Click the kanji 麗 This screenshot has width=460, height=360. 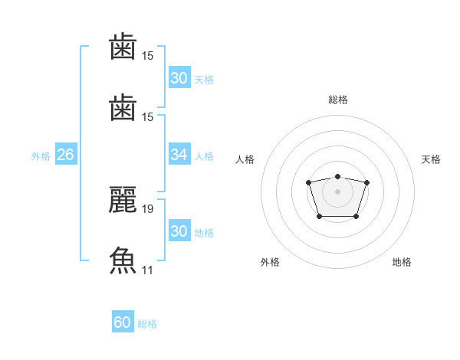coord(123,200)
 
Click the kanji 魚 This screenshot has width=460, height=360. coord(123,260)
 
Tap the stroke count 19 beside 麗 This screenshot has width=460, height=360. coord(147,209)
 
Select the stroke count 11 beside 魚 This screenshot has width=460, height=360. coord(147,270)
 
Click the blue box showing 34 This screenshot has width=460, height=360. coord(179,154)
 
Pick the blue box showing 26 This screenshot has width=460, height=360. coord(66,154)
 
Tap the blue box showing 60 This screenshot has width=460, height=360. coord(123,321)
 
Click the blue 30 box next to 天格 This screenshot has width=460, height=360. coord(179,77)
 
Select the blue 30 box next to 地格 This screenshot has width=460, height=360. coord(179,230)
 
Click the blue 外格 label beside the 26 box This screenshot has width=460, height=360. coord(41,156)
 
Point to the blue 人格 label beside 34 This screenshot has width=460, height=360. coord(204,156)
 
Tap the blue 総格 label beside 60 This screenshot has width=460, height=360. coord(147,324)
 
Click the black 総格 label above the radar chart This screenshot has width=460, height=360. coord(338,100)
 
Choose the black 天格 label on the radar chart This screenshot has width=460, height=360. coord(431,159)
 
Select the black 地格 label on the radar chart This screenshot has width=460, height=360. coord(402,262)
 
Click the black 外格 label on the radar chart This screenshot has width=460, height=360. coord(270,262)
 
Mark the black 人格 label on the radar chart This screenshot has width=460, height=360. coord(245,159)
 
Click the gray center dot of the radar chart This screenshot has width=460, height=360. coord(337,191)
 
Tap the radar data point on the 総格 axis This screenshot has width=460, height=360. coord(337,176)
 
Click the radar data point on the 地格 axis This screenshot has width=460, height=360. coord(356,216)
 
